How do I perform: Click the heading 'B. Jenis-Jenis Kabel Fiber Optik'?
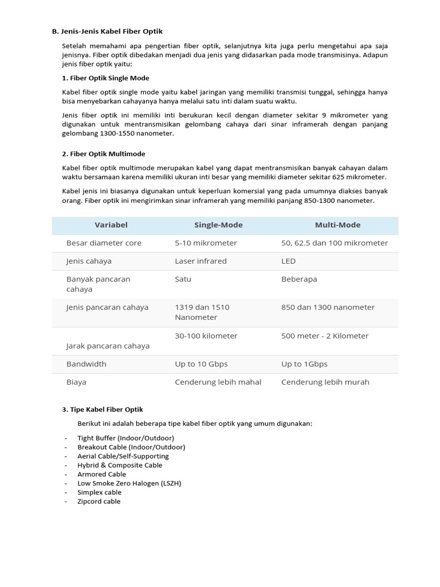coord(107,31)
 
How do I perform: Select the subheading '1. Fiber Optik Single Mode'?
coord(105,78)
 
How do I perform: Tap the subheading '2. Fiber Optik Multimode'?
coord(103,154)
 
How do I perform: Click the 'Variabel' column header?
coord(111,225)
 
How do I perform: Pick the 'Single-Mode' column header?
coord(218,225)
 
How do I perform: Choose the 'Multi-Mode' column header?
coord(337,225)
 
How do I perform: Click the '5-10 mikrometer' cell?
coord(206,243)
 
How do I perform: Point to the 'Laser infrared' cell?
coord(201,261)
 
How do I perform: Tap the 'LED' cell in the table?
coord(288,261)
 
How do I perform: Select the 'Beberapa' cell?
coord(299,279)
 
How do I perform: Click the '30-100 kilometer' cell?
coord(206,336)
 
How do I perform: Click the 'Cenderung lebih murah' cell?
coord(325,382)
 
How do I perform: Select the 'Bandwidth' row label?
coord(86,364)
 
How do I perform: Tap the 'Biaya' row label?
coord(76,382)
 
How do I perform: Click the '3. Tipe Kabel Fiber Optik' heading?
coord(102,409)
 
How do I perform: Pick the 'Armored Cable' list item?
coord(101,474)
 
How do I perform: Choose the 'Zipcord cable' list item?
coord(99,501)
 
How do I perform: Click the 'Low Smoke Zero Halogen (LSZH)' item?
coord(129,483)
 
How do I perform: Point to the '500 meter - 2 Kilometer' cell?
coord(325,336)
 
